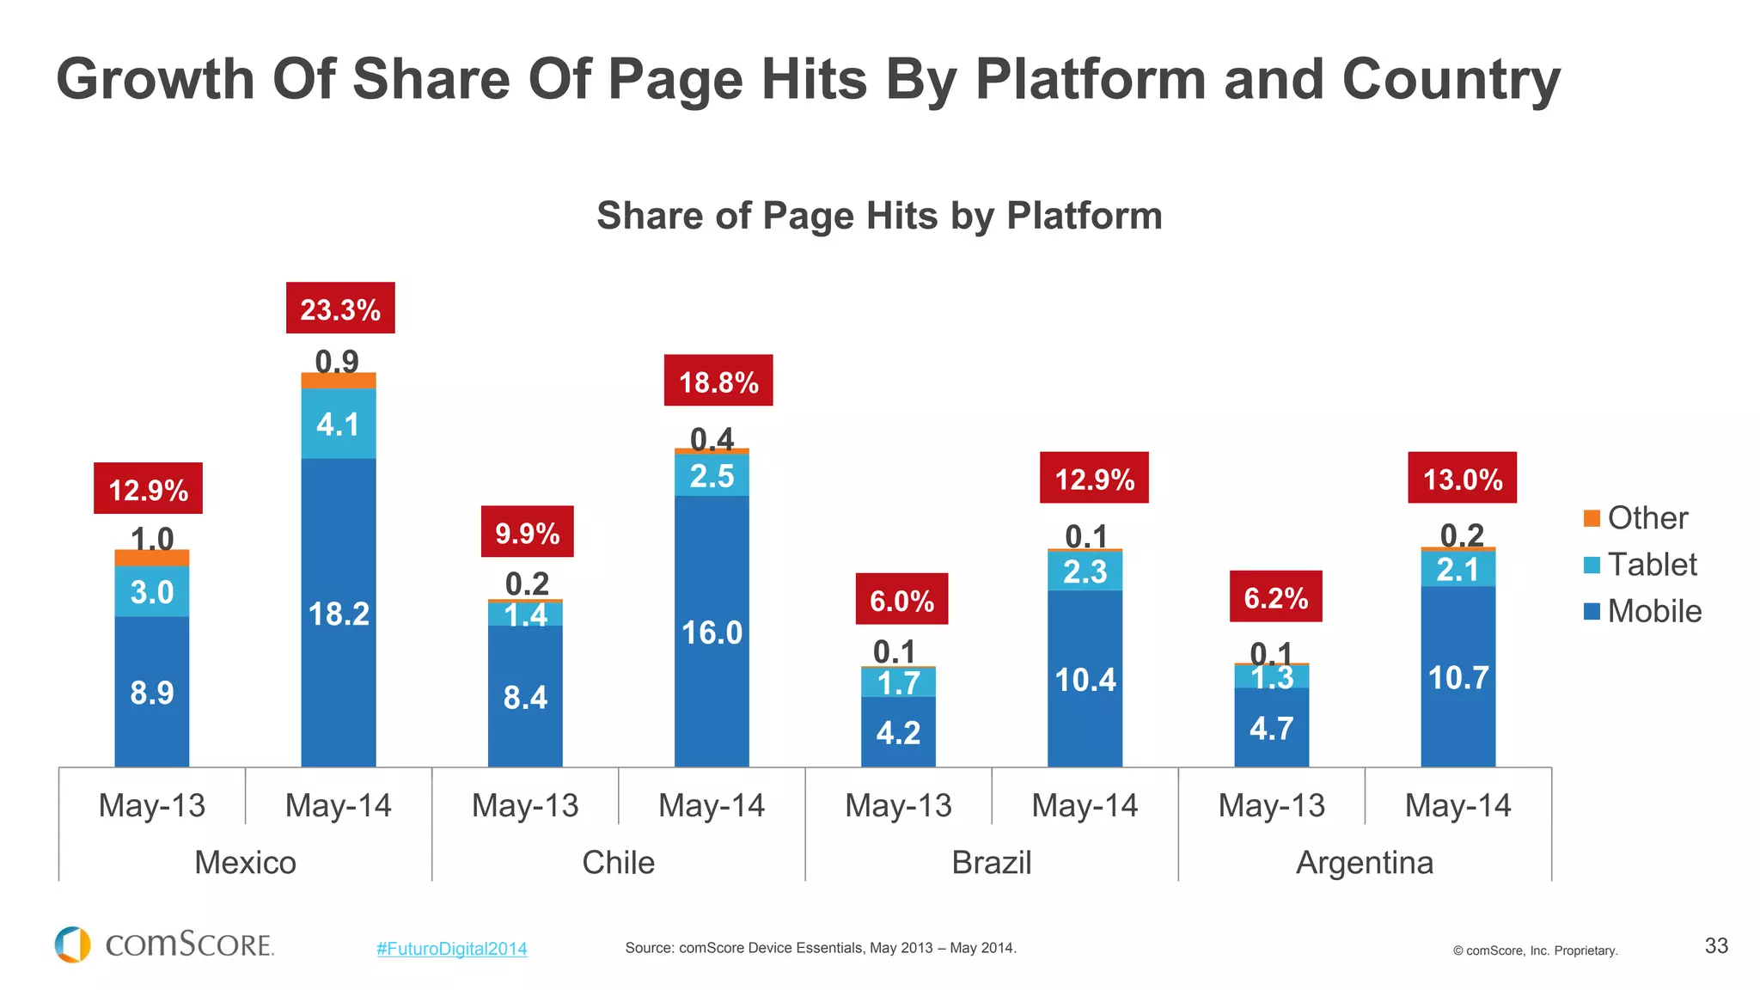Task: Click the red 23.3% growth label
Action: [x=340, y=309]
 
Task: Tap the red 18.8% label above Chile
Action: [x=718, y=381]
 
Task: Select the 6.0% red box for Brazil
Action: [x=901, y=599]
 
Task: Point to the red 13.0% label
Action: [x=1462, y=478]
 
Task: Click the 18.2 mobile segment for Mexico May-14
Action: [x=339, y=613]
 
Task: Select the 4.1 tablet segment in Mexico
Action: [x=339, y=424]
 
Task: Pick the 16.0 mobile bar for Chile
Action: [x=712, y=632]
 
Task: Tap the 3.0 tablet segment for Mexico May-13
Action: [x=152, y=591]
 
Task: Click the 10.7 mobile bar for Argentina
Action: [x=1457, y=676]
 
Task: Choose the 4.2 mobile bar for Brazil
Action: [x=898, y=732]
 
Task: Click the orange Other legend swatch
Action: [x=1592, y=518]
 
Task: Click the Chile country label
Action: [x=618, y=862]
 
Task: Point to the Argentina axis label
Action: [x=1364, y=862]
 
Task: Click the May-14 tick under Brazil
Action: [x=1085, y=805]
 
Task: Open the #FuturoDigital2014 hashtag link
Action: [x=451, y=949]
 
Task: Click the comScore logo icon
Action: [x=73, y=944]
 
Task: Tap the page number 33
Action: [x=1715, y=946]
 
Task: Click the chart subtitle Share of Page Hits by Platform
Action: [x=879, y=216]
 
